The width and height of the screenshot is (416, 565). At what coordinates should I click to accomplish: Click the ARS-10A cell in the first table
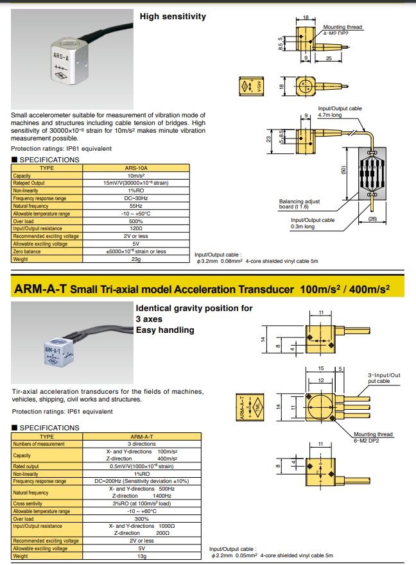pyautogui.click(x=135, y=168)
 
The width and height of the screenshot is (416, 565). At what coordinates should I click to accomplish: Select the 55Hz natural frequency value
pyautogui.click(x=135, y=206)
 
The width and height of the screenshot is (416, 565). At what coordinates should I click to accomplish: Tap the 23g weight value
pyautogui.click(x=135, y=259)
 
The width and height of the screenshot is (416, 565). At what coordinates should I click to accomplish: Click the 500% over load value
pyautogui.click(x=135, y=221)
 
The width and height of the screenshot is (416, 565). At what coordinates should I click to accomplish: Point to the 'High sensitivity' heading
pyautogui.click(x=173, y=16)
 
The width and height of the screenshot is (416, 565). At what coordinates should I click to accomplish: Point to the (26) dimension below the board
pyautogui.click(x=372, y=219)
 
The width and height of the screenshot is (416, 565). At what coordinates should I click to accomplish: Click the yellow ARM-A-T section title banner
pyautogui.click(x=202, y=289)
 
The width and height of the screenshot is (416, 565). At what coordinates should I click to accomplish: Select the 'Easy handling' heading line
pyautogui.click(x=164, y=330)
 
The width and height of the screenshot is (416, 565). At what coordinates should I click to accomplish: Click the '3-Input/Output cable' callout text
pyautogui.click(x=383, y=378)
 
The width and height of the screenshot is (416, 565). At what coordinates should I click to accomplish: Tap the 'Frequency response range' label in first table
pyautogui.click(x=39, y=198)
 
